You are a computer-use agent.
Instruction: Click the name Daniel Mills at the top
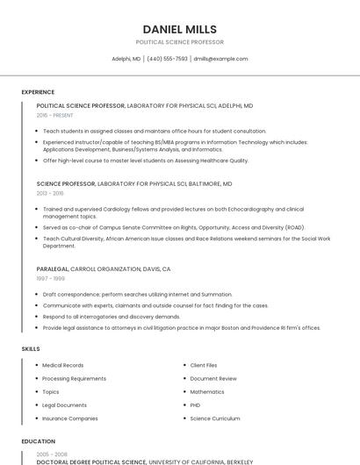click(179, 29)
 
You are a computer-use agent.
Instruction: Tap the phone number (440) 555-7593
click(167, 59)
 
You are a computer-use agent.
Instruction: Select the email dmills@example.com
click(220, 59)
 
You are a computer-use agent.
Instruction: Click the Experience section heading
click(38, 92)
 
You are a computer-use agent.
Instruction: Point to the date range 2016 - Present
click(54, 115)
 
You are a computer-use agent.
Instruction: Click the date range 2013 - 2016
click(50, 193)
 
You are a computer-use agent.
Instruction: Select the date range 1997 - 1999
click(49, 278)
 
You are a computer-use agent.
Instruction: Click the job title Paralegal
click(52, 269)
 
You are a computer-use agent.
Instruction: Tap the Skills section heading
click(31, 349)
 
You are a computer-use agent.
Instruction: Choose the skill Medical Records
click(63, 365)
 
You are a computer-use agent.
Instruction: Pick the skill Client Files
click(204, 365)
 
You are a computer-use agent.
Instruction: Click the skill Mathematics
click(207, 391)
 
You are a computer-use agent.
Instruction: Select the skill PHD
click(196, 405)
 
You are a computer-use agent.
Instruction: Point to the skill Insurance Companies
click(70, 418)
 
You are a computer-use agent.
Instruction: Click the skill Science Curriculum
click(215, 418)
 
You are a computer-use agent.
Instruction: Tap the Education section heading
click(38, 441)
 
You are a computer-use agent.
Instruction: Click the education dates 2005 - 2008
click(50, 454)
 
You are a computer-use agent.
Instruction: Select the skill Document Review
click(213, 378)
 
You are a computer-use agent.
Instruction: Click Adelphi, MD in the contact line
click(126, 59)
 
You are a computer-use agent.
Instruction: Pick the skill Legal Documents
click(64, 405)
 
